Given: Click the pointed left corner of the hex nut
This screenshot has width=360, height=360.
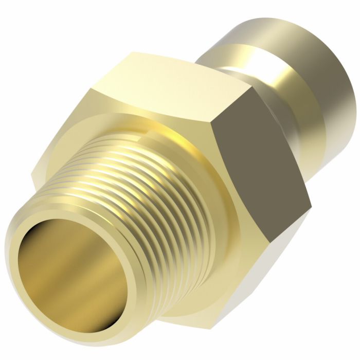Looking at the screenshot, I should (x=32, y=177).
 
